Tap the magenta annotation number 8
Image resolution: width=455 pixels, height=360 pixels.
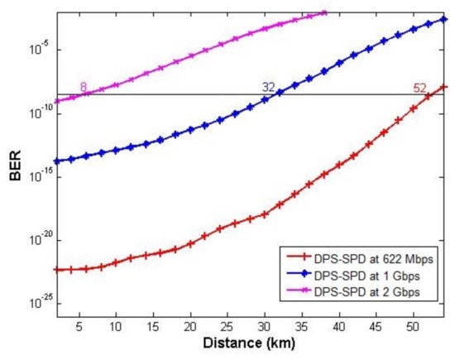(83, 87)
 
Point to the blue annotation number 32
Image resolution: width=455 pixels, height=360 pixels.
(268, 87)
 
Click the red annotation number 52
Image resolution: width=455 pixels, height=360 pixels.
(420, 87)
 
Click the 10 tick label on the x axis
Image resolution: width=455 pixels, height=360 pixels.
(116, 324)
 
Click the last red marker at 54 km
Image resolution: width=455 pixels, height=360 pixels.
(444, 86)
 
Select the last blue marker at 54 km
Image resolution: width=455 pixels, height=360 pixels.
(444, 19)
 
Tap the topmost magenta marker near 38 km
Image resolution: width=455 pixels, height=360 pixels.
(323, 12)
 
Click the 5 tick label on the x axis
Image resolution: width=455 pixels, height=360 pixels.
(79, 324)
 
